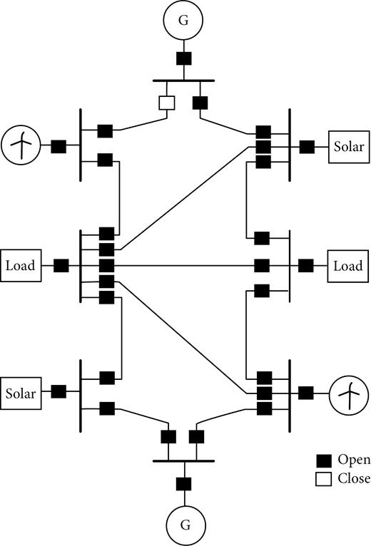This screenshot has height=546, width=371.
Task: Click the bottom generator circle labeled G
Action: click(184, 525)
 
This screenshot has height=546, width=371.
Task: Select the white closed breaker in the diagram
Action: click(167, 103)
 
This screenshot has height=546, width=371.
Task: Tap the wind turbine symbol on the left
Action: click(21, 147)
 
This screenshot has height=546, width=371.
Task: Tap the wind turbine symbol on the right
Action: click(348, 392)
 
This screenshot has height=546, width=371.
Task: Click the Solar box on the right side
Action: click(348, 148)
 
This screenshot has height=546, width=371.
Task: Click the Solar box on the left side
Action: click(21, 392)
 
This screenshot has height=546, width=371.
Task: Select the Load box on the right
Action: click(348, 266)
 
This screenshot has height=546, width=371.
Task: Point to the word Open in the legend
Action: click(354, 459)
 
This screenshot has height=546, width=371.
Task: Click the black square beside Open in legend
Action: click(323, 460)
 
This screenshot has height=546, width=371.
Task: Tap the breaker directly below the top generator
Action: click(183, 59)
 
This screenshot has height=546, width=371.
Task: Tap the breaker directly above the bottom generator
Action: click(184, 484)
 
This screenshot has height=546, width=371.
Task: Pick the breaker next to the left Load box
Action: click(61, 266)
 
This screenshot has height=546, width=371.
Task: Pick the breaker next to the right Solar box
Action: click(307, 148)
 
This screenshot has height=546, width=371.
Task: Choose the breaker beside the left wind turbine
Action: click(59, 147)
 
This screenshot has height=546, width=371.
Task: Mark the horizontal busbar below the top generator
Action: click(183, 81)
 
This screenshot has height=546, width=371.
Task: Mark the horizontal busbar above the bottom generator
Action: click(184, 460)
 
